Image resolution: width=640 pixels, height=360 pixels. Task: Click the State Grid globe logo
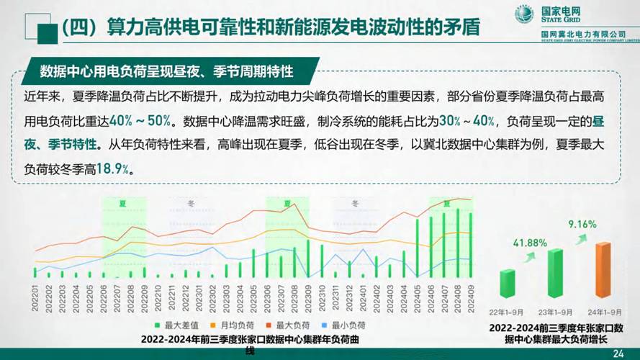click(523, 14)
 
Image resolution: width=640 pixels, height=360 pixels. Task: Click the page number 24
click(618, 353)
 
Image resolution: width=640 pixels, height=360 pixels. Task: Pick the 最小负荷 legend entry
click(349, 325)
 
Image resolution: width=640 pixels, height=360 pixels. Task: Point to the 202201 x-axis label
click(35, 297)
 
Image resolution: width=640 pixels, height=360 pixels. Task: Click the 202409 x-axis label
click(471, 297)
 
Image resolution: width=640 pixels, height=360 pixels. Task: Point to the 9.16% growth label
click(582, 224)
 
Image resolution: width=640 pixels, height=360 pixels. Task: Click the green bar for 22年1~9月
click(508, 286)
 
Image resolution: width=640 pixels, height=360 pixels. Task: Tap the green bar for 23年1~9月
click(554, 274)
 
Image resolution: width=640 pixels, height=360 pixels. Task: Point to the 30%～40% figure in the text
click(467, 120)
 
